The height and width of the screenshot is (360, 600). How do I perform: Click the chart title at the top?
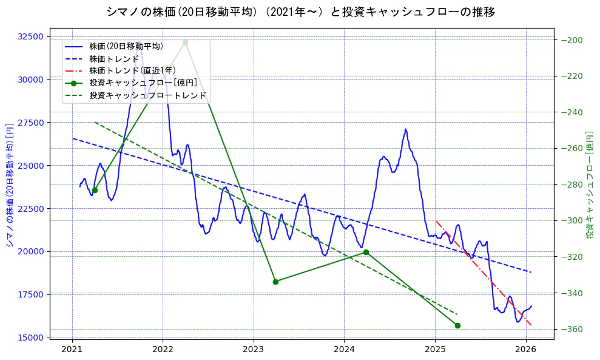[x=300, y=12]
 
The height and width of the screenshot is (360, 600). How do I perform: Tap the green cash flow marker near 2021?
[x=95, y=190]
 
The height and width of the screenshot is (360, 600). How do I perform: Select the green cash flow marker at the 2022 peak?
[x=185, y=42]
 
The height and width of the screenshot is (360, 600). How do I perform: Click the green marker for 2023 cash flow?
[x=275, y=282]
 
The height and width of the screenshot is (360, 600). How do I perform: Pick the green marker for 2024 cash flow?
[x=366, y=252]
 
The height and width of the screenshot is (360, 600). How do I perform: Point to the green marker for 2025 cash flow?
[x=457, y=325]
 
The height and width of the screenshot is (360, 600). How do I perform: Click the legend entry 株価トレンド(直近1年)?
[x=132, y=70]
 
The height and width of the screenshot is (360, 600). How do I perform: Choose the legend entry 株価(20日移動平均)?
[x=126, y=46]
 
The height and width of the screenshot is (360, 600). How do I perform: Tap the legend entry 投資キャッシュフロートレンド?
[x=147, y=95]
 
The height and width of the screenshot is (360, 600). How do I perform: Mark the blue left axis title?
[x=10, y=186]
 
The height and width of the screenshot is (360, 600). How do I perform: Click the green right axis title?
[x=589, y=185]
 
